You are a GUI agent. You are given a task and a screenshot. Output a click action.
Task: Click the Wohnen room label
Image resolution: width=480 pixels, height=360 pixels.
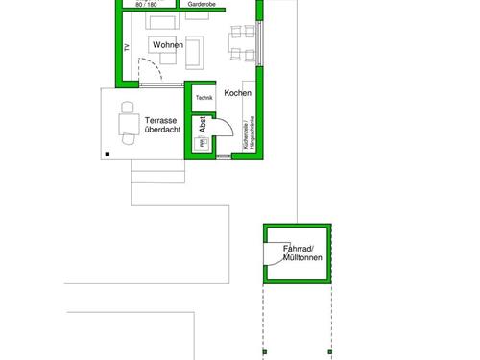click(167, 44)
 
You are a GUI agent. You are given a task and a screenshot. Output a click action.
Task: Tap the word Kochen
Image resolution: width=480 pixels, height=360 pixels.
click(238, 93)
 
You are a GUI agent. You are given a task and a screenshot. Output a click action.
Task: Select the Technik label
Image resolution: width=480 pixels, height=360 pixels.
click(204, 98)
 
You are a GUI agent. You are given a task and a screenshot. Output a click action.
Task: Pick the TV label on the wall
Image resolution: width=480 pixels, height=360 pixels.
click(126, 48)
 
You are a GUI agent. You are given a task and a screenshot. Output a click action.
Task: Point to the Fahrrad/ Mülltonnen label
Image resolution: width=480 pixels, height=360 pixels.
click(300, 254)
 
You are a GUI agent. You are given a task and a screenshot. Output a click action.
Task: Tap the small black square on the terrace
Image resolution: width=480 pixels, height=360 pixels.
click(108, 153)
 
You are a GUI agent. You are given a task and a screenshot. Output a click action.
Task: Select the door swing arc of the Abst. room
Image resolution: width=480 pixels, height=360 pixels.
click(221, 130)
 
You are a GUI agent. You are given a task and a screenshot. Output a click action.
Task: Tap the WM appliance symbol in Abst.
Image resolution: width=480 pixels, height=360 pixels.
click(202, 145)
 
